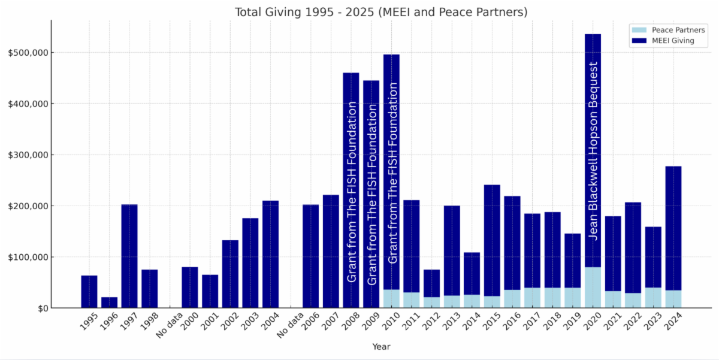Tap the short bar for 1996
[109, 302]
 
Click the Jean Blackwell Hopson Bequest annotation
[593, 150]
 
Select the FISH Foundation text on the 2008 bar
[352, 192]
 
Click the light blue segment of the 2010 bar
[391, 299]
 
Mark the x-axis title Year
[381, 347]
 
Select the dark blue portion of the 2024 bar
[673, 228]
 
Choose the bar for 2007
[331, 252]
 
